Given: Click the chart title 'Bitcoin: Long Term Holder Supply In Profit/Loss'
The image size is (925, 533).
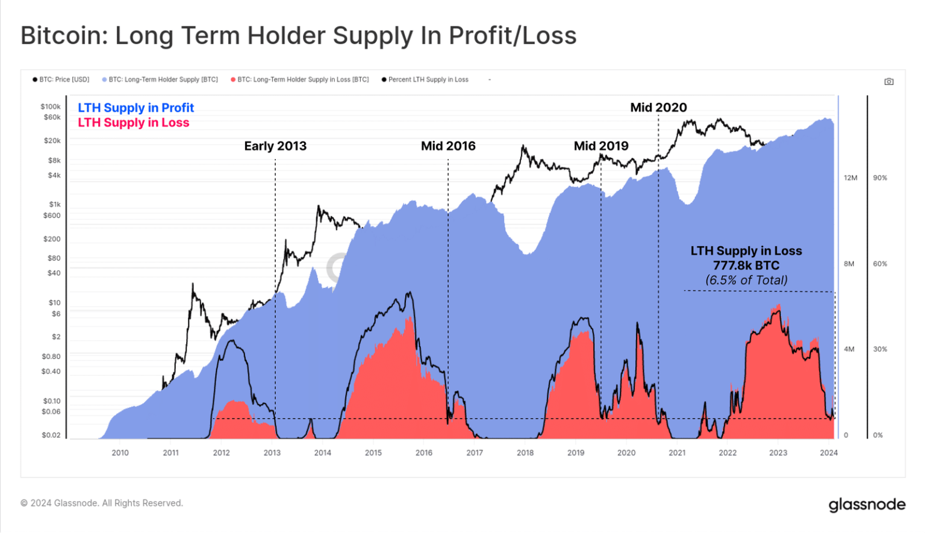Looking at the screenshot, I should tap(298, 36).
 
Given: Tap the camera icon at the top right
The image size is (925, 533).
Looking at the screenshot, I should tap(888, 81).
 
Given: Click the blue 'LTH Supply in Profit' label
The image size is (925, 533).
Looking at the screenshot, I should tap(135, 108).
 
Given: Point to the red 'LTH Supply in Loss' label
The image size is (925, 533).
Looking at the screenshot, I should tap(133, 123).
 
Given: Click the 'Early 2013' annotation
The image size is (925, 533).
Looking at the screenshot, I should tap(275, 146).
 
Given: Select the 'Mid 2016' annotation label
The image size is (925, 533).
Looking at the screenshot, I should tap(448, 146).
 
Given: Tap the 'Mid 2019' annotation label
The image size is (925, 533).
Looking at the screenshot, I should tap(600, 146).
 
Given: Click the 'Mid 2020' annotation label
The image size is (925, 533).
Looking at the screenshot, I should tap(658, 107).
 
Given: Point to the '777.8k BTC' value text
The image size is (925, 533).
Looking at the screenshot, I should tap(746, 266).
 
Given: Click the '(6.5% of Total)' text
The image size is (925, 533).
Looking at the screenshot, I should tap(746, 280).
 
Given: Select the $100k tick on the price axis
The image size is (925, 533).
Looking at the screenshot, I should tap(51, 107).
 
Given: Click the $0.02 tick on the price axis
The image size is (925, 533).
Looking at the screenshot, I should tap(51, 435).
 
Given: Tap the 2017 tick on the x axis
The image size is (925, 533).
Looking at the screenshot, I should tap(474, 453).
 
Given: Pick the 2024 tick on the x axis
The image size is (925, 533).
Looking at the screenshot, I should tap(828, 453).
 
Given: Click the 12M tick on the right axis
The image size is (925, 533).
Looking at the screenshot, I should tap(850, 178).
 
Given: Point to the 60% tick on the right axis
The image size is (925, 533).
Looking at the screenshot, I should tap(879, 264).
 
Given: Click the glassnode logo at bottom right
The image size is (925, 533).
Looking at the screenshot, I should tap(867, 504).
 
